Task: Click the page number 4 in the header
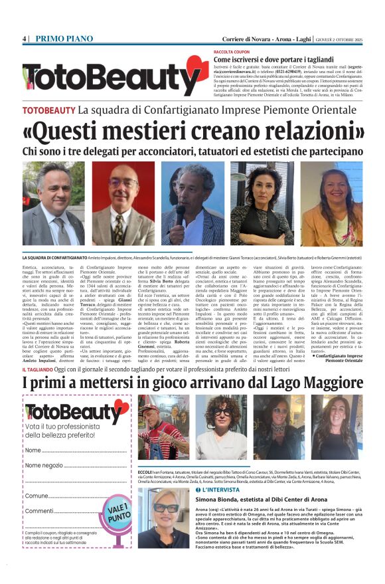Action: tap(24, 39)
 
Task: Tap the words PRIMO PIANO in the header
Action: tap(61, 39)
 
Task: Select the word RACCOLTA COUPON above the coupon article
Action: tap(231, 51)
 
